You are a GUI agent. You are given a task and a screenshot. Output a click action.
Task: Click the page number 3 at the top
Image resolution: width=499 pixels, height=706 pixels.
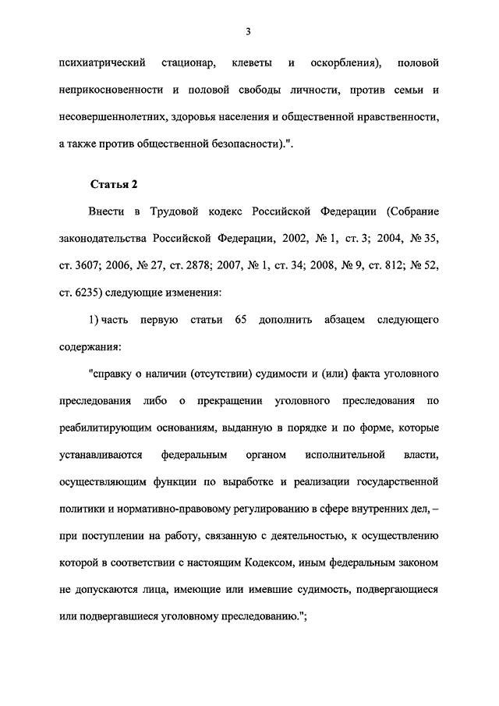point(247,32)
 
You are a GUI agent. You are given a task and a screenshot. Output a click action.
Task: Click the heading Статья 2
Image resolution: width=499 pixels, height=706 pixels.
point(114,185)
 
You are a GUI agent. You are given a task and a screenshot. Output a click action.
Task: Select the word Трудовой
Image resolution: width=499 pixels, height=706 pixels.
point(168,212)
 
